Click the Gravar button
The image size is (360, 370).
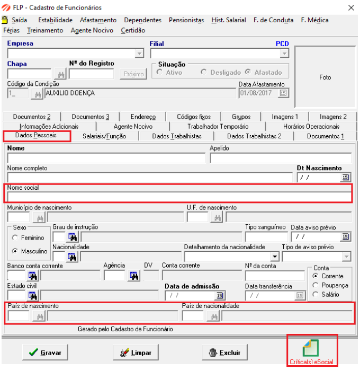pyautogui.click(x=44, y=353)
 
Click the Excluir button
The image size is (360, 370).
pyautogui.click(x=225, y=353)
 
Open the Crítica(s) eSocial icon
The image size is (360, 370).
pyautogui.click(x=312, y=352)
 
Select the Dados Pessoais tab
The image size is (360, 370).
pyautogui.click(x=37, y=136)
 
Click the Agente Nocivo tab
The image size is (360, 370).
pyautogui.click(x=132, y=127)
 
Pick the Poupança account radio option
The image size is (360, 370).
pyautogui.click(x=316, y=285)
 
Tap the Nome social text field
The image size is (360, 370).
pyautogui.click(x=179, y=197)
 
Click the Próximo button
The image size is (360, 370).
pyautogui.click(x=133, y=74)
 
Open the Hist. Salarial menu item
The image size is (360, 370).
pyautogui.click(x=228, y=20)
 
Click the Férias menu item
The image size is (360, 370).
pyautogui.click(x=11, y=30)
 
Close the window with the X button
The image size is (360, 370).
pyautogui.click(x=350, y=8)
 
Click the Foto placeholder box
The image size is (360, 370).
pyautogui.click(x=325, y=77)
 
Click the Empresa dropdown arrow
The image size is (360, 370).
pyautogui.click(x=139, y=54)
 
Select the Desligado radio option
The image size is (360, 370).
pyautogui.click(x=204, y=72)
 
